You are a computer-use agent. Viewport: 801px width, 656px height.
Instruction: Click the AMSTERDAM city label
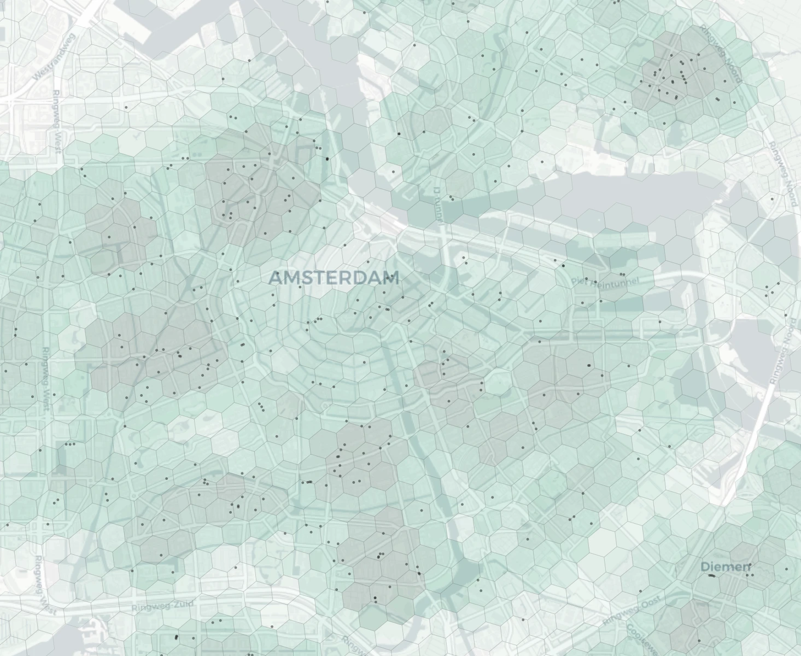tap(334, 278)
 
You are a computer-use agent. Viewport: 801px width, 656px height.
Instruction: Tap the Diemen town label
tap(726, 566)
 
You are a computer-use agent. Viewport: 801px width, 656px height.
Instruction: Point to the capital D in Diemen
tap(705, 566)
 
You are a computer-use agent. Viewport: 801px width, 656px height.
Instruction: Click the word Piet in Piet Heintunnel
tap(580, 281)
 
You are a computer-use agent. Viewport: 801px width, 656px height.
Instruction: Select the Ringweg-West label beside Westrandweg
tap(56, 120)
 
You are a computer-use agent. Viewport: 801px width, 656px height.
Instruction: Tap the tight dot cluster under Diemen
tap(711, 576)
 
